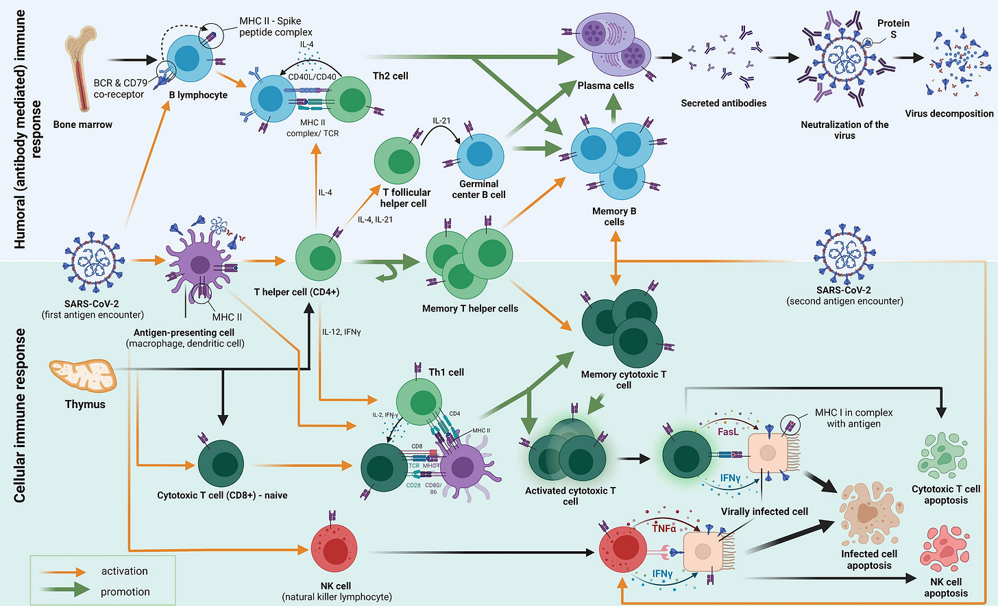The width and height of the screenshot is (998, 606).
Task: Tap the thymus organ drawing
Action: click(84, 377)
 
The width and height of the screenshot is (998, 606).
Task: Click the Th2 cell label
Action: click(390, 76)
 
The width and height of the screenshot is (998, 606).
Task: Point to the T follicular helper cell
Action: click(397, 161)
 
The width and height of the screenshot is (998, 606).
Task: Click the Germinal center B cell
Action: click(480, 156)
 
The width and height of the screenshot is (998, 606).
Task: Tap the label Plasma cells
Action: click(605, 86)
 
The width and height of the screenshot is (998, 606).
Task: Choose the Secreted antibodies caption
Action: click(724, 103)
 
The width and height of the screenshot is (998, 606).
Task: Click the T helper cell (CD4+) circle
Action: click(319, 257)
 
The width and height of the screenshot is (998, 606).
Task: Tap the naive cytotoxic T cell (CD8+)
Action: click(221, 464)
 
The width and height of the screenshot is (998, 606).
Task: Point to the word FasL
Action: click(728, 431)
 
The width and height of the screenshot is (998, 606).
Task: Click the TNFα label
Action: click(664, 529)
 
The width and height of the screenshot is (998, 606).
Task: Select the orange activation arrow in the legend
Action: click(62, 572)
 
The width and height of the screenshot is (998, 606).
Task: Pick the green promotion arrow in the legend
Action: click(65, 590)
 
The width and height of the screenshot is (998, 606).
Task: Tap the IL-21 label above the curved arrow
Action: click(441, 121)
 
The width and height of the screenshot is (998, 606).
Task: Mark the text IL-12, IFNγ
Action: click(341, 332)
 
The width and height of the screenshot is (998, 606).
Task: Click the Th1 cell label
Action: click(446, 372)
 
